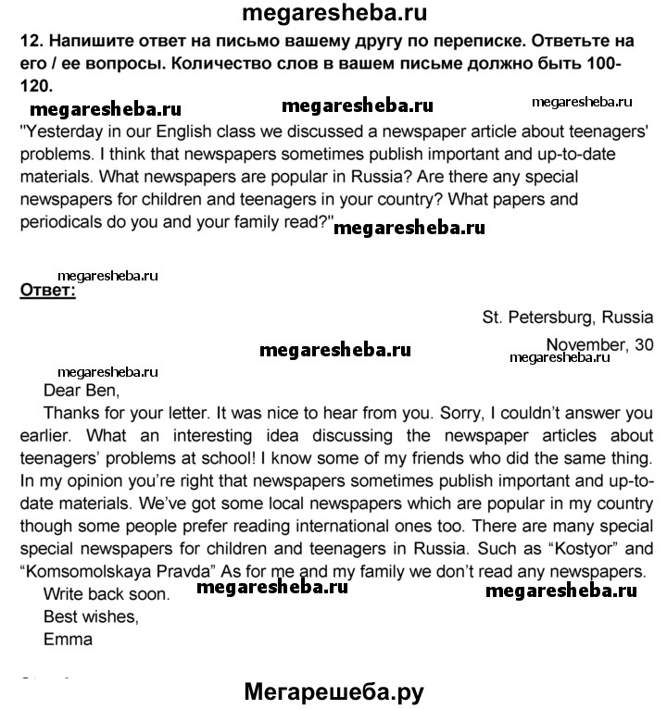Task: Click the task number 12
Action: point(29,42)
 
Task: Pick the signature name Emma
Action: point(69,638)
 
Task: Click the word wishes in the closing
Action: point(114,616)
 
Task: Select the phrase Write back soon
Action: point(107,593)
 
